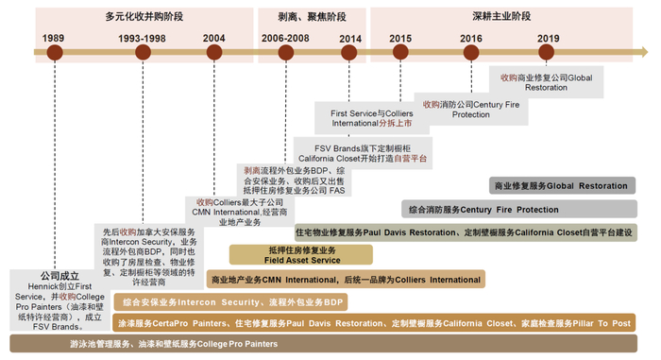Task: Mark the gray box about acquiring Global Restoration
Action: coord(546,81)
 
